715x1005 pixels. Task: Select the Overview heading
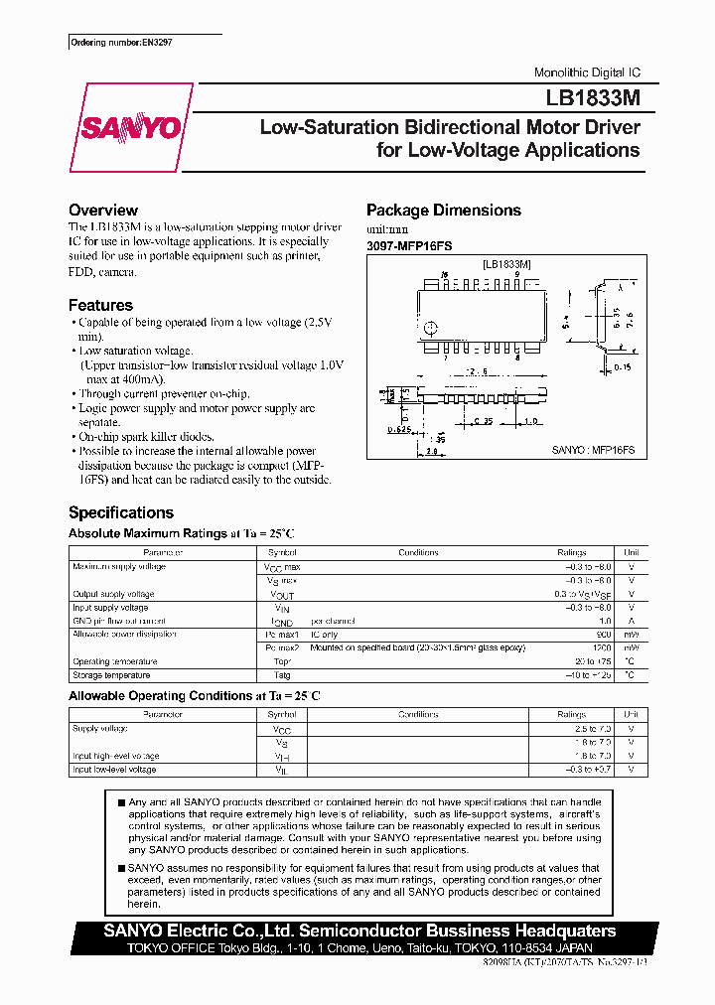point(102,211)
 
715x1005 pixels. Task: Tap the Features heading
point(100,306)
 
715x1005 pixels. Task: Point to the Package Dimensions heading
point(443,211)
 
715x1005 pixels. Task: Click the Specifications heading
point(120,513)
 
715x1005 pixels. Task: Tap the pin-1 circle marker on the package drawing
point(431,329)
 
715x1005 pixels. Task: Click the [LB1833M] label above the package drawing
point(505,264)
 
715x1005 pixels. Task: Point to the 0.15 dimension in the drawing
point(622,367)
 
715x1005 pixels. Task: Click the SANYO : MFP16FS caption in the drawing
point(593,450)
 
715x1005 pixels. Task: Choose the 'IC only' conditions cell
point(325,634)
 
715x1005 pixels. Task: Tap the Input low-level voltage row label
point(114,770)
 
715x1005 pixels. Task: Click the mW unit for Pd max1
point(631,634)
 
